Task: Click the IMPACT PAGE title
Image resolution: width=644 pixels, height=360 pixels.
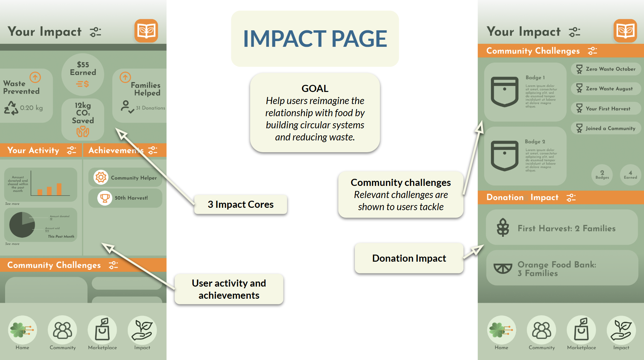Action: click(x=315, y=38)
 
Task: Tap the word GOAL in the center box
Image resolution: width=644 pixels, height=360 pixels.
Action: click(x=315, y=88)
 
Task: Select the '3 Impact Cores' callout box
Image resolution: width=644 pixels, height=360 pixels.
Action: click(x=241, y=204)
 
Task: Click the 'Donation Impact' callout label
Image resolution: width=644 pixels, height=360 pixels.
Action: click(x=409, y=258)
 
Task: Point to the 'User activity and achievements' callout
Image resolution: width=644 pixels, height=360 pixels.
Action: click(x=229, y=289)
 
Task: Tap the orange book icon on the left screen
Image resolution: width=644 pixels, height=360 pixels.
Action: click(x=146, y=31)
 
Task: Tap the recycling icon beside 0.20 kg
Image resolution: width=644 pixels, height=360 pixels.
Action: click(x=11, y=108)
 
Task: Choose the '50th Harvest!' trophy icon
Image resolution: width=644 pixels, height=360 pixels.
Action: click(x=105, y=198)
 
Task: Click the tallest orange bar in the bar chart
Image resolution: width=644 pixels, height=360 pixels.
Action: click(x=59, y=189)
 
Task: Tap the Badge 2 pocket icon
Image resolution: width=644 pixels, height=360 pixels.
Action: click(x=504, y=156)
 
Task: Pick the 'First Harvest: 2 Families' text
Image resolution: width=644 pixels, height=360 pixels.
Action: click(x=566, y=228)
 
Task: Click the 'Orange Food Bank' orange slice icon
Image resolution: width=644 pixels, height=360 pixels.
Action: click(x=503, y=268)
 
